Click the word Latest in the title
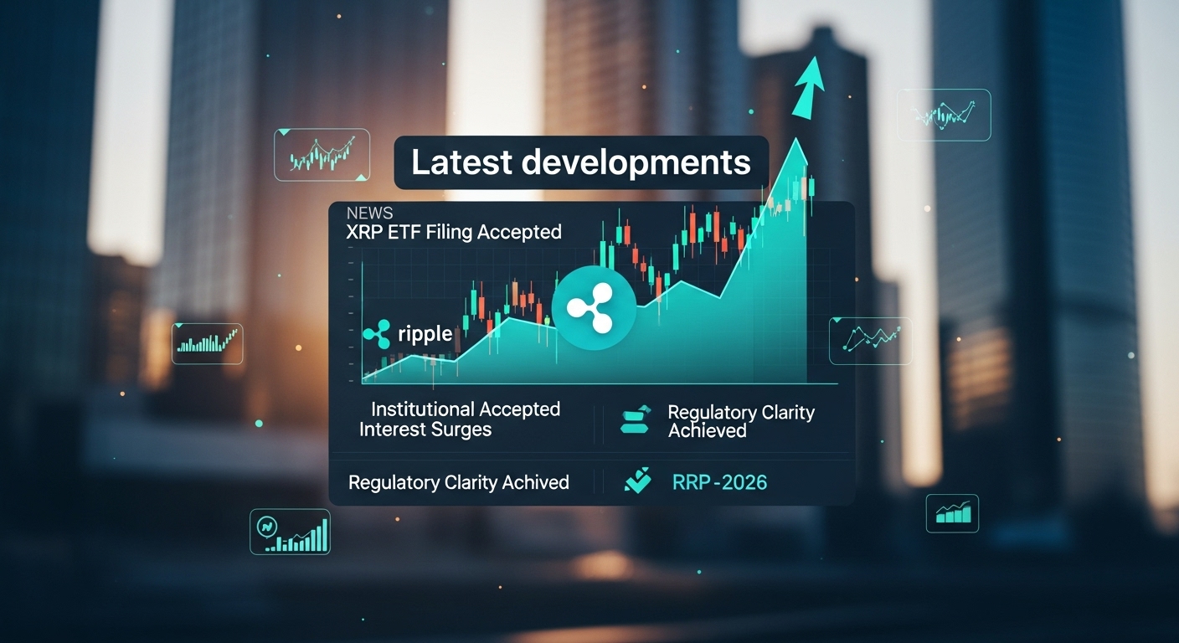461,162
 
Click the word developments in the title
636,163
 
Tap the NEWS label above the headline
369,213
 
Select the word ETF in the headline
404,232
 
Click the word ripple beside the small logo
425,333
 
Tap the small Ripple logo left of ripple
377,334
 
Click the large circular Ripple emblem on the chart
594,308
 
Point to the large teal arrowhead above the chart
808,88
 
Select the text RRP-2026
719,482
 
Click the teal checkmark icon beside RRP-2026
637,481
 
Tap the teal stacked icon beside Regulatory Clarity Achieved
636,420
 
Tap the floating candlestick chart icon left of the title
322,155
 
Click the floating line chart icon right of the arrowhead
944,115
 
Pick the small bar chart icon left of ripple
208,343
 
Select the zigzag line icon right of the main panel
871,341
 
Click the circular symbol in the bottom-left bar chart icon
267,526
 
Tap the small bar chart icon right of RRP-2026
952,513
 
